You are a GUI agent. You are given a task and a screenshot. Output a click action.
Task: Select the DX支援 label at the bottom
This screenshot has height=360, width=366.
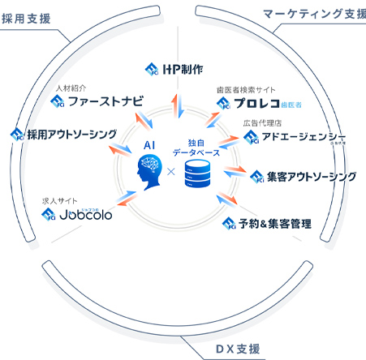tap(238, 349)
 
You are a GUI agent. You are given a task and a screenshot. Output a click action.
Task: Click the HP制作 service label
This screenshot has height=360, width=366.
tap(186, 68)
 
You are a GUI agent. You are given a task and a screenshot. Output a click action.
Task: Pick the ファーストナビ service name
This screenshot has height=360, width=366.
tap(105, 101)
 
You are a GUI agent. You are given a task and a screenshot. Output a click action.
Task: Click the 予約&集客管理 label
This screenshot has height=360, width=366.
tap(276, 222)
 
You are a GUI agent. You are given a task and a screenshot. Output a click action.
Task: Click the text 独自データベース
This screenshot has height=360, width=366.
tap(198, 146)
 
